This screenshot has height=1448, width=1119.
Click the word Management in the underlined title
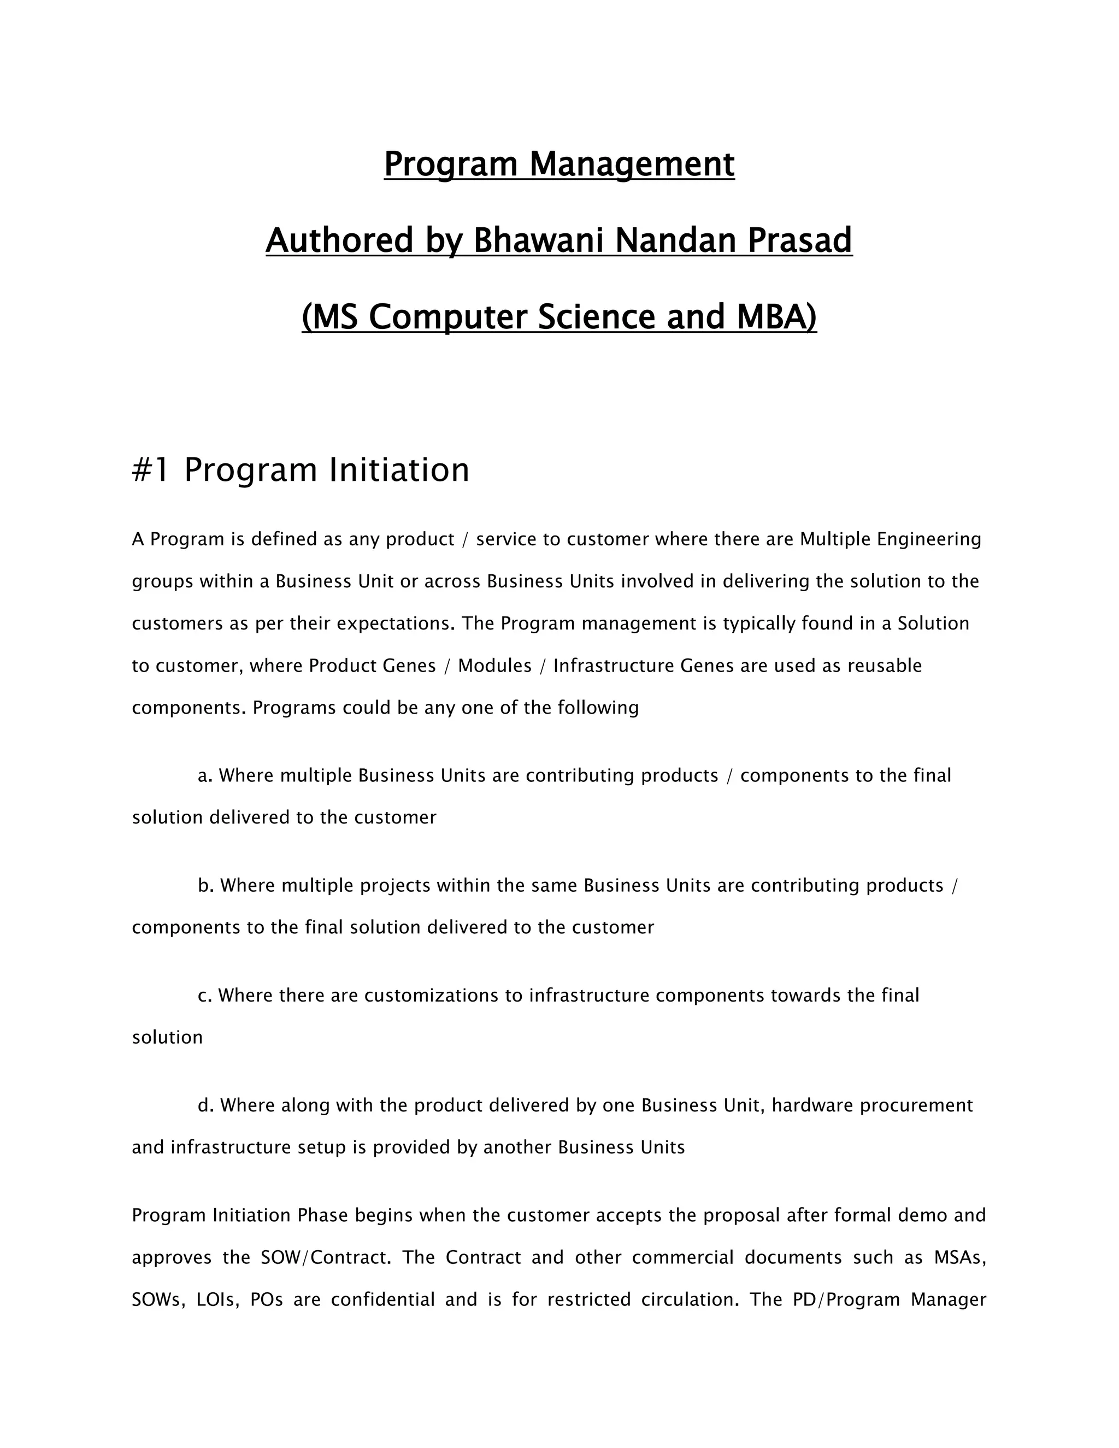pyautogui.click(x=632, y=164)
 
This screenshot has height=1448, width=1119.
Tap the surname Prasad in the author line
pyautogui.click(x=799, y=240)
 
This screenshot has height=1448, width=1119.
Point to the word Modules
pyautogui.click(x=494, y=666)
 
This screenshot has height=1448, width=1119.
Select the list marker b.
pyautogui.click(x=205, y=886)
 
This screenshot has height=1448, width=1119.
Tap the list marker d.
pyautogui.click(x=205, y=1105)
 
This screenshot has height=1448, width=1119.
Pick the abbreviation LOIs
pyautogui.click(x=218, y=1299)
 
